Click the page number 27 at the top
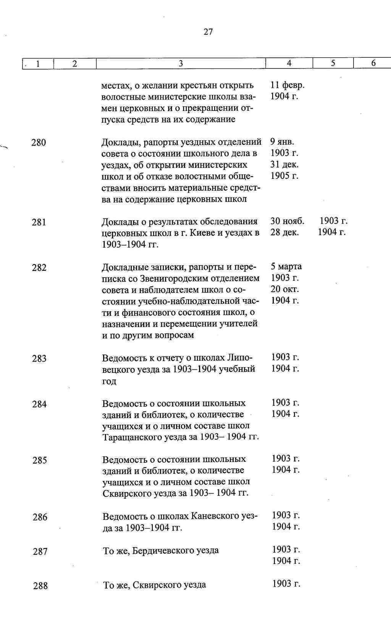pos(208,32)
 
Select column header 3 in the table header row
pos(181,63)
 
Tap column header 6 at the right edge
pos(373,63)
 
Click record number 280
pos(39,143)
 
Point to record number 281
pos(39,222)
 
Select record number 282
pos(39,268)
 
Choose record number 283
pos(39,358)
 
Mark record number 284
pos(40,404)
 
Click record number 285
pos(40,460)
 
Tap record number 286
pos(40,517)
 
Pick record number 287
pos(40,551)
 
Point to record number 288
pos(40,586)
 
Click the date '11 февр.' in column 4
pos(287,85)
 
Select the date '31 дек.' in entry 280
pos(284,164)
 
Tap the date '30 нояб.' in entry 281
pos(287,221)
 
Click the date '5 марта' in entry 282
pos(286,266)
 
